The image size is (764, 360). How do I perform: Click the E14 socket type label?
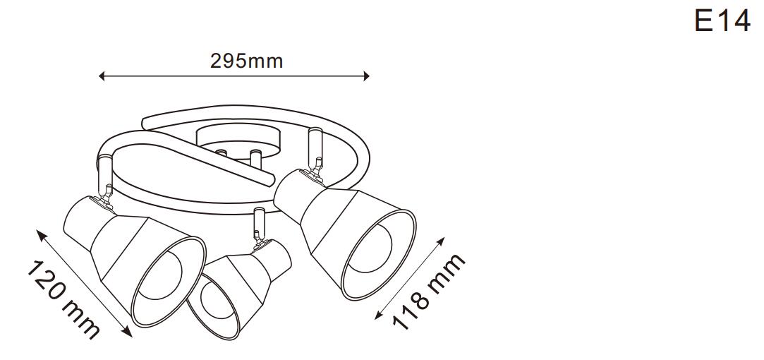coord(722,21)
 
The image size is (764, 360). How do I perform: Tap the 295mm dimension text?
coord(246,61)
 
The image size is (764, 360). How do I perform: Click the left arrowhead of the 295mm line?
coord(102,76)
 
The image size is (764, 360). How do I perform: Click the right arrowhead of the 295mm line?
coord(366,76)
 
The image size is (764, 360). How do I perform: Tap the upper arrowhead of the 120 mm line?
coord(41,234)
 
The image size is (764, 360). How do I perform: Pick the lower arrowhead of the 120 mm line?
coord(127,332)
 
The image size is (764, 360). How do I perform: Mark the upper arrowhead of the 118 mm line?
coord(440,241)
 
